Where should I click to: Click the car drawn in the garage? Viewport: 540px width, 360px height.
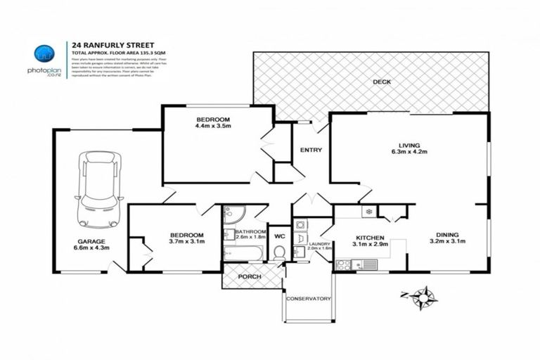point(99,188)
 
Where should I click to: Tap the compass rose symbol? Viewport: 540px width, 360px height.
point(423,297)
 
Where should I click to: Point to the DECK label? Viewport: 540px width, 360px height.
point(382,82)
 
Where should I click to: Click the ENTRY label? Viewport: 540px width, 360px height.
point(311,150)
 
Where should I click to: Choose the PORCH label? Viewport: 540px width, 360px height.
point(250,276)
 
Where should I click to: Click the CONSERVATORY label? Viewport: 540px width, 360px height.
point(308,299)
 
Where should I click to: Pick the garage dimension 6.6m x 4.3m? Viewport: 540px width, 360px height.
point(91,248)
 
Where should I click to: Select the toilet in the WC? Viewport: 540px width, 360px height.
point(278,252)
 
